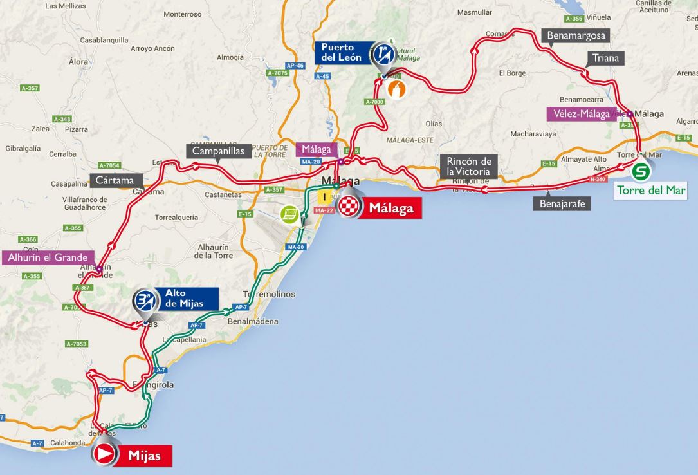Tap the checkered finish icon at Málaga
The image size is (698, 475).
[348, 207]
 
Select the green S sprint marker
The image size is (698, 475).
[640, 172]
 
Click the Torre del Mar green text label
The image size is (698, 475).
[651, 191]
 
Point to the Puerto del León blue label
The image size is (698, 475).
[342, 53]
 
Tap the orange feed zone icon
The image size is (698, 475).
[400, 90]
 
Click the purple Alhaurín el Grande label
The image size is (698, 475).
[48, 257]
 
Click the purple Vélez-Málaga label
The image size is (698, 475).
[578, 114]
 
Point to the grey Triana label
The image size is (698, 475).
[606, 59]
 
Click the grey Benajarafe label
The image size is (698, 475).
[561, 204]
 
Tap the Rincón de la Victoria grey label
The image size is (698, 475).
[470, 166]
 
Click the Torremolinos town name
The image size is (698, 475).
[270, 294]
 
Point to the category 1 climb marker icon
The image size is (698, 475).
[383, 53]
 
